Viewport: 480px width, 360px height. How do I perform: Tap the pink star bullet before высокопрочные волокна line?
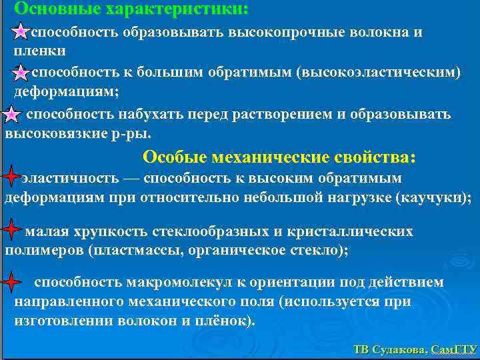pos(21,33)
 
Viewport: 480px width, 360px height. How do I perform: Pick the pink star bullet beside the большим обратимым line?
pos(21,73)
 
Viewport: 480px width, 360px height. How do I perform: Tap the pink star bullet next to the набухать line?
pos(11,115)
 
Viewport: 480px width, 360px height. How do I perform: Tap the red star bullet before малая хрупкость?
pos(11,231)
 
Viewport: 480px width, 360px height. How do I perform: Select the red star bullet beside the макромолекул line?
pos(11,283)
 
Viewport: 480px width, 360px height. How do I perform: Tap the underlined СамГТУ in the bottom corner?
pos(454,349)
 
